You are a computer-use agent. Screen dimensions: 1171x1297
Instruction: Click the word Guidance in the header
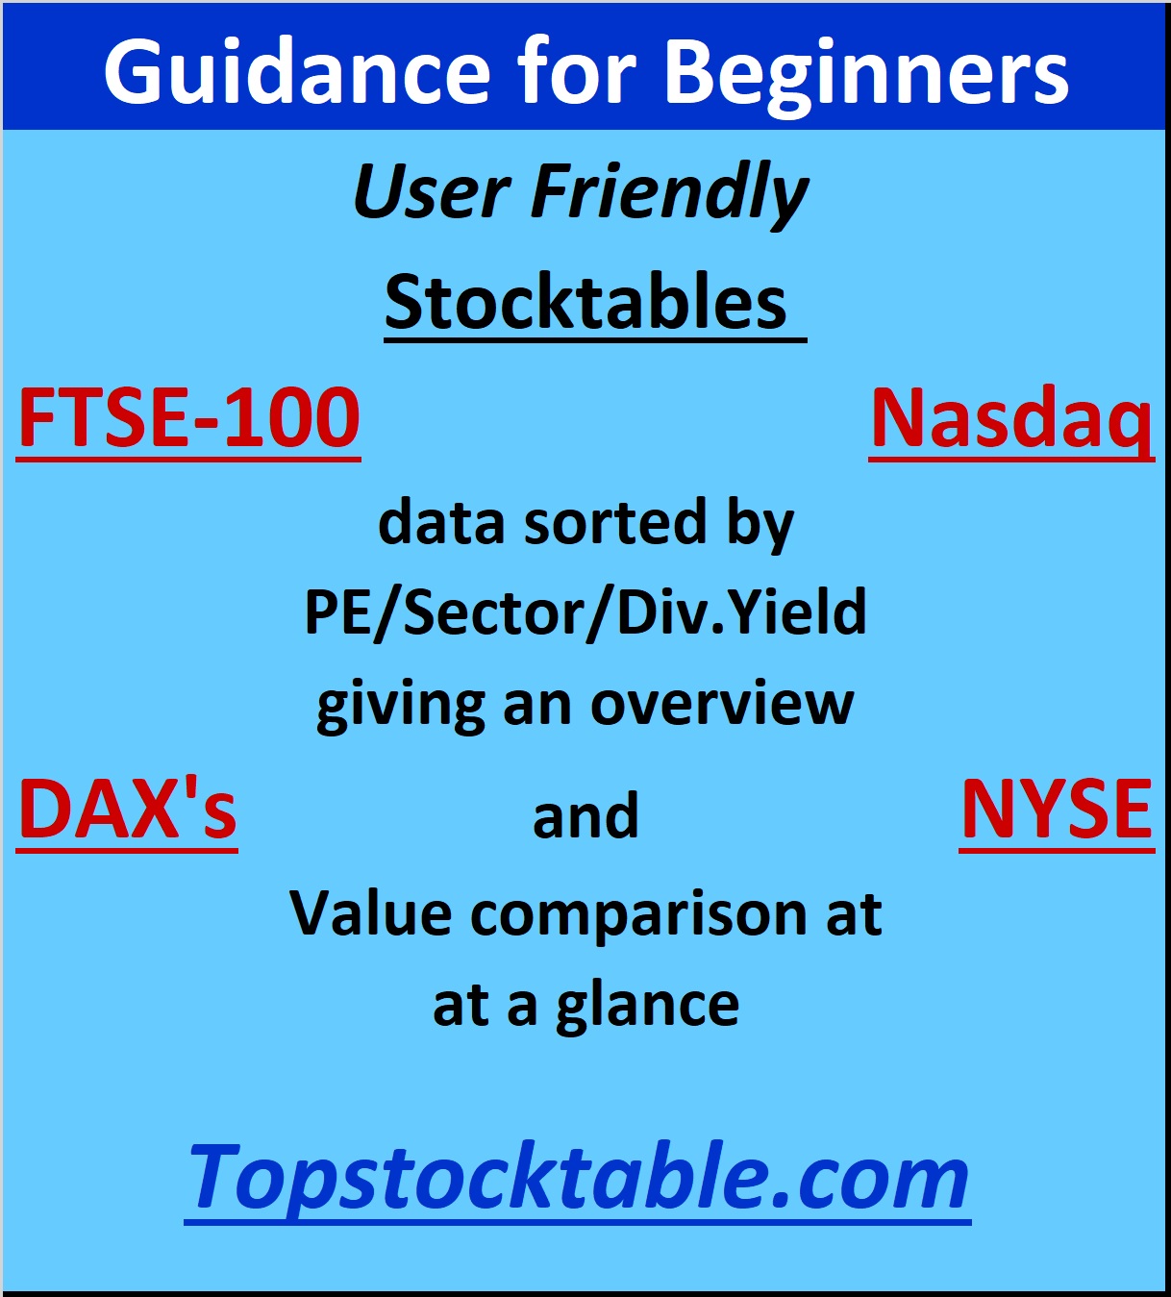(297, 72)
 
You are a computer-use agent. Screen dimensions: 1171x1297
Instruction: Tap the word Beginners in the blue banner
(866, 72)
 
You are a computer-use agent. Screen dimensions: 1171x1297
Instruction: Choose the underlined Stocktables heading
(585, 303)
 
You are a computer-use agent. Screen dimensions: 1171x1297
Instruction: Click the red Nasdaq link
(1012, 419)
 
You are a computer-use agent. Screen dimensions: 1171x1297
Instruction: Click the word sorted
(614, 522)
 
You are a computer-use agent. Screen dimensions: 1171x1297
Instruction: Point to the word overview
(722, 704)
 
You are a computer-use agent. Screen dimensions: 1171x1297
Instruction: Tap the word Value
(370, 913)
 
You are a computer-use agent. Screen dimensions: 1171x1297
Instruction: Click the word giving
(401, 706)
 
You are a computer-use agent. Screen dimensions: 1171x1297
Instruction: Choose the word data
(441, 522)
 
